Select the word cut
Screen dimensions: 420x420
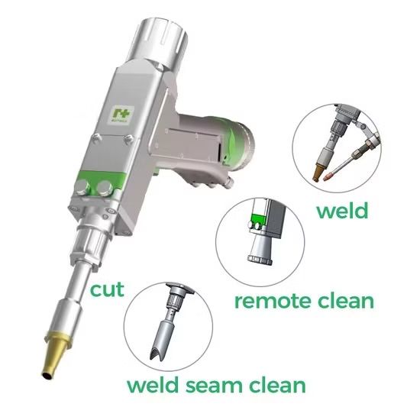pyautogui.click(x=108, y=289)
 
